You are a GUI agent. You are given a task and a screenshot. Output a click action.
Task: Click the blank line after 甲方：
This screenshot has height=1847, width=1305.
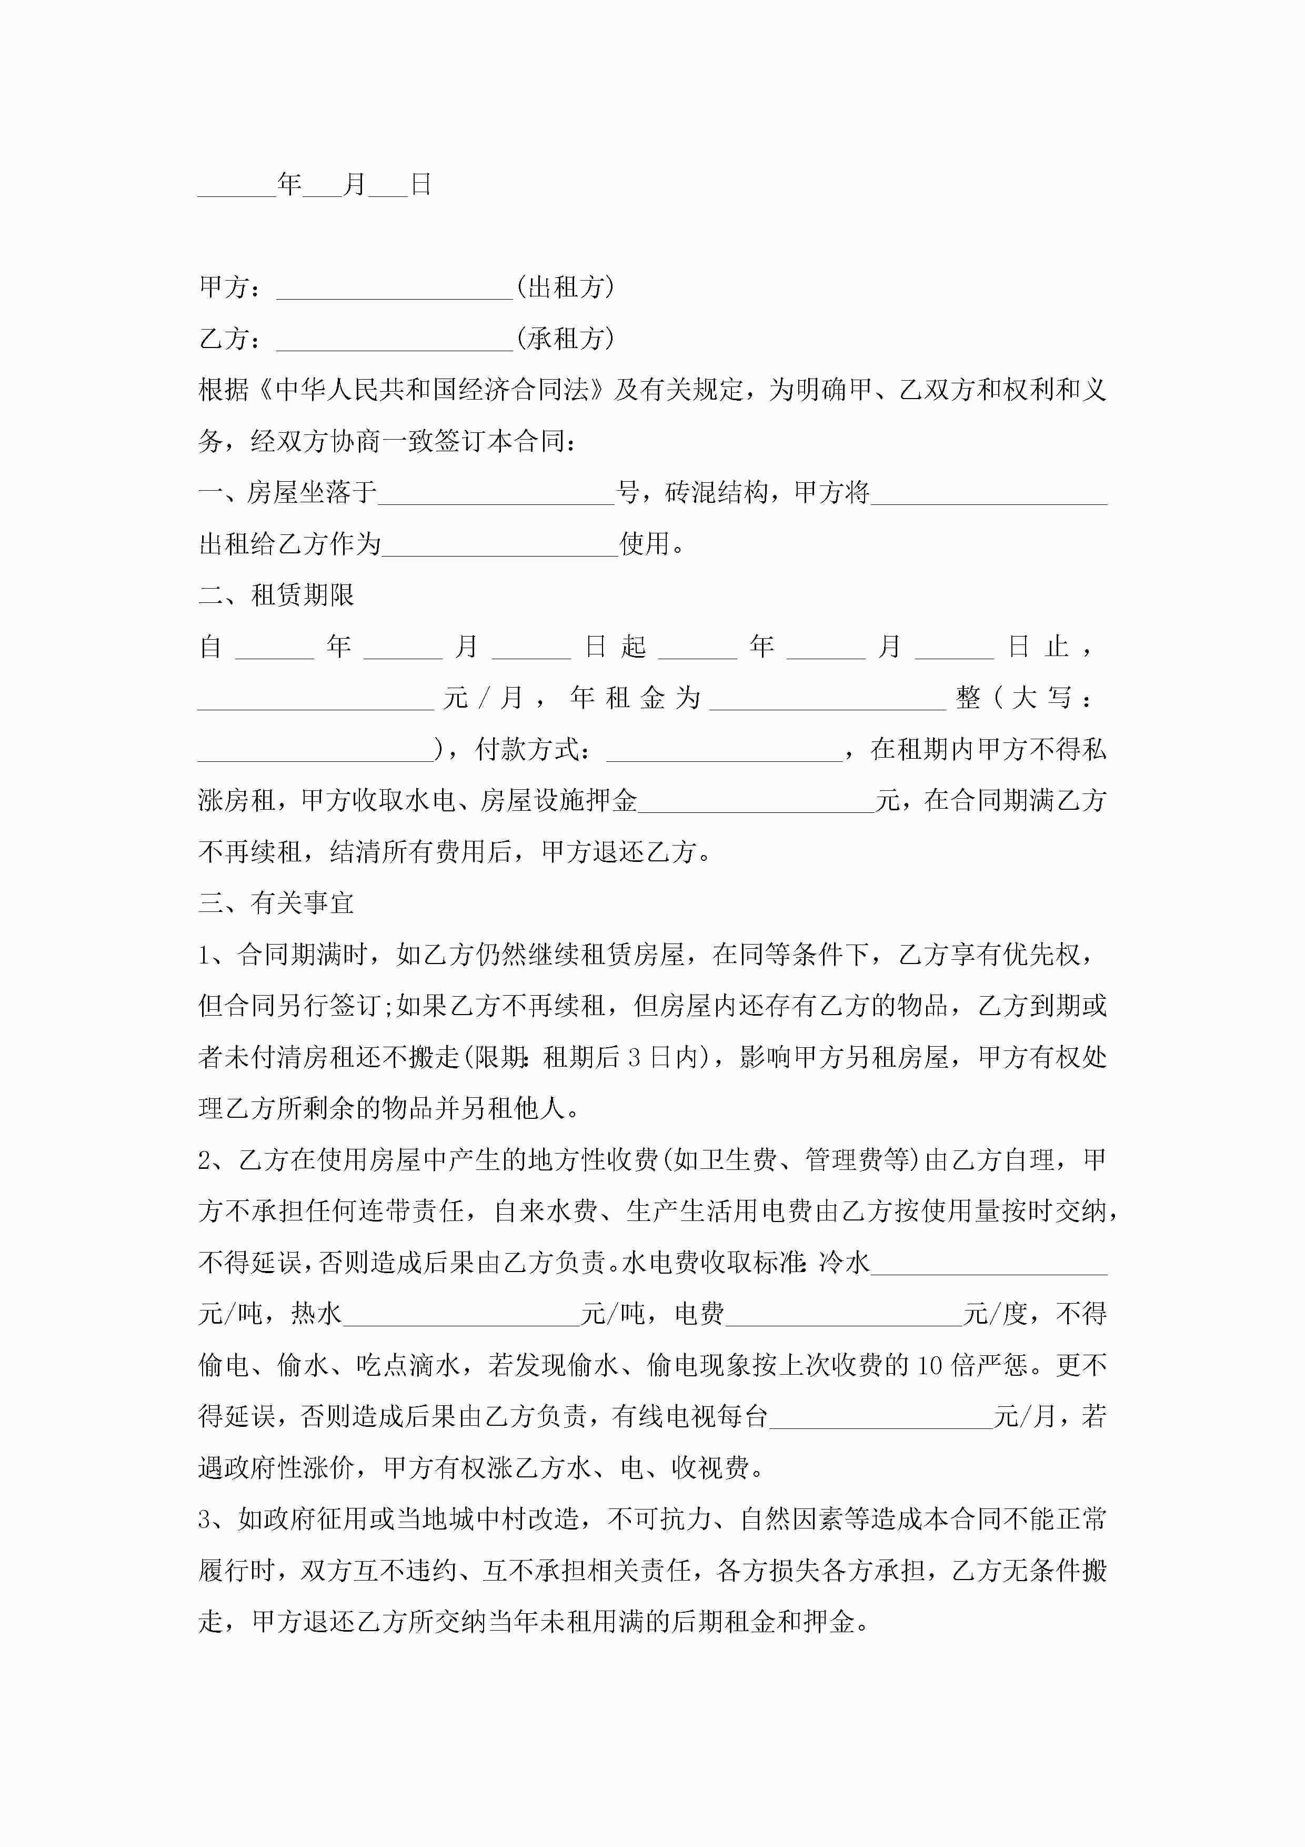(x=394, y=290)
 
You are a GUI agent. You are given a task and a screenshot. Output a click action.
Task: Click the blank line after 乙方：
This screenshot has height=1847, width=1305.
(x=394, y=341)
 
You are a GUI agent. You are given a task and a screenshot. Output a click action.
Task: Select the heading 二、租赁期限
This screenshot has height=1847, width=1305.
(x=277, y=595)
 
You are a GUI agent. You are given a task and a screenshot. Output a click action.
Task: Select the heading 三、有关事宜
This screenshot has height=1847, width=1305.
(x=277, y=903)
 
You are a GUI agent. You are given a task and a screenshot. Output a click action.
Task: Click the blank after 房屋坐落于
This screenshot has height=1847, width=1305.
(x=496, y=495)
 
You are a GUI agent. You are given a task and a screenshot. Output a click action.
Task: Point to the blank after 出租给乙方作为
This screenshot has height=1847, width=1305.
(x=500, y=546)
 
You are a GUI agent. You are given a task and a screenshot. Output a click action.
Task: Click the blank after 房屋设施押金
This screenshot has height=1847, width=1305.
(x=756, y=803)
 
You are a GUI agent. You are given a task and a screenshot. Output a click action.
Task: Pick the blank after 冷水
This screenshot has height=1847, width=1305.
(x=989, y=1265)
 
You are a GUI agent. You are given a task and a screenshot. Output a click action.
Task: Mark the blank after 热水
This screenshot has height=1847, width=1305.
(x=461, y=1316)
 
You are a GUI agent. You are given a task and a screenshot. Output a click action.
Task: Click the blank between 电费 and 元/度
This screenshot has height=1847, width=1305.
(x=844, y=1316)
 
